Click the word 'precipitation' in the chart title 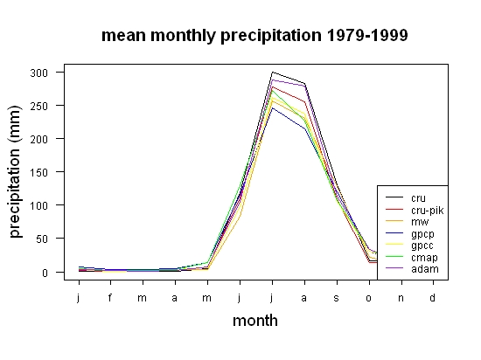(271, 36)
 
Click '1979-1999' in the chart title (367, 35)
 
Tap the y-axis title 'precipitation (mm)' (16, 171)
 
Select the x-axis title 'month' (255, 321)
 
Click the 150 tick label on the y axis (39, 172)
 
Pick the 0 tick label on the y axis (45, 273)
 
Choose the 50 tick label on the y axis (42, 239)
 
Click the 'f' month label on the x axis (110, 297)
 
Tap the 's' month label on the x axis (336, 298)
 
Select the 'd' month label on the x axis (432, 297)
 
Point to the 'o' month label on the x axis (368, 298)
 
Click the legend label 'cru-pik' (428, 211)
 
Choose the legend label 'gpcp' (422, 234)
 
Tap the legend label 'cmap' (424, 258)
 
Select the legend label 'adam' (425, 269)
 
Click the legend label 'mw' (420, 222)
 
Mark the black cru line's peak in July (272, 73)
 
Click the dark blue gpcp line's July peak (272, 107)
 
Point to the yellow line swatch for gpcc (394, 244)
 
